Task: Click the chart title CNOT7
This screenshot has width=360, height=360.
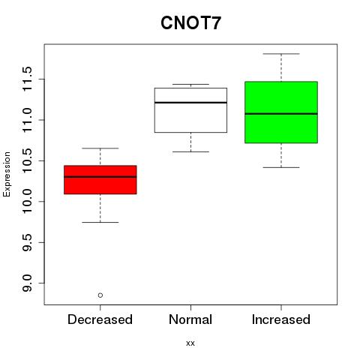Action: [x=190, y=22]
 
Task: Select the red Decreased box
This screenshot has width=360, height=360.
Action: [x=100, y=180]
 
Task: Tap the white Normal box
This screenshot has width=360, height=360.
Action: [x=190, y=110]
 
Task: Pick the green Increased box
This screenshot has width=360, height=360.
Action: [x=281, y=112]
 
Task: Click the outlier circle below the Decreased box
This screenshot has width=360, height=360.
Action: [x=100, y=295]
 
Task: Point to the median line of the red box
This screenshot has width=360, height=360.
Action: [x=100, y=177]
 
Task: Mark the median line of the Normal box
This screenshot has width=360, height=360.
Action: [x=190, y=103]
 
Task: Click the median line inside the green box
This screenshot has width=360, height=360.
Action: [x=281, y=114]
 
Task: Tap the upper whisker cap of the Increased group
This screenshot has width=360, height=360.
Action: [x=281, y=54]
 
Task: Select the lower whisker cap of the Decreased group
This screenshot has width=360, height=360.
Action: [x=100, y=222]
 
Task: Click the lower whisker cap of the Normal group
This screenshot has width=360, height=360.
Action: [x=190, y=151]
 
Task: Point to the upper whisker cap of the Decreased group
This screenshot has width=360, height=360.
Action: [x=100, y=148]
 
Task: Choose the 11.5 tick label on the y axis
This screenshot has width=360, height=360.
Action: [x=27, y=79]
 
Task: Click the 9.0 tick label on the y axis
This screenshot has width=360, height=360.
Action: [x=27, y=283]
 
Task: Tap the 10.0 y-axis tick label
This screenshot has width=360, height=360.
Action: [x=27, y=202]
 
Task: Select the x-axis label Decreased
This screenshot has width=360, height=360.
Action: [x=100, y=319]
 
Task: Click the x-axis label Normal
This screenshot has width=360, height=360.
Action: [x=190, y=319]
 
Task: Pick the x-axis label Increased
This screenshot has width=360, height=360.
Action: [x=281, y=319]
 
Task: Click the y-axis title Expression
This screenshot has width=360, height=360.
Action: [x=7, y=174]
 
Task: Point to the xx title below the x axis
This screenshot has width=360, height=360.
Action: [x=190, y=343]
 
